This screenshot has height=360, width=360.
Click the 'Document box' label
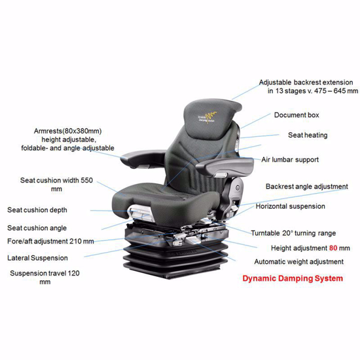click(x=297, y=115)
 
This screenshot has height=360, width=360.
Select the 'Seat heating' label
click(x=308, y=135)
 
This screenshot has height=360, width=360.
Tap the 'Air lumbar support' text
click(x=290, y=160)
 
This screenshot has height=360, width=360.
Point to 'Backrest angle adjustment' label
click(x=306, y=187)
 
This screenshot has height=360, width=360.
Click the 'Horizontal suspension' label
click(x=290, y=206)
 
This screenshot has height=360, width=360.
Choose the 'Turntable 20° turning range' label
click(x=293, y=233)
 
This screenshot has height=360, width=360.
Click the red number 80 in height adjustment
click(x=333, y=248)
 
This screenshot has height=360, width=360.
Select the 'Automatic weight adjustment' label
click(x=298, y=262)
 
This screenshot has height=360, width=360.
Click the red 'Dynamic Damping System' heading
click(x=292, y=279)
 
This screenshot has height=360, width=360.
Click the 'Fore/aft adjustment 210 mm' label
click(x=51, y=241)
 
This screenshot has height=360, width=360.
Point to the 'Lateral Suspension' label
click(x=38, y=258)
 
